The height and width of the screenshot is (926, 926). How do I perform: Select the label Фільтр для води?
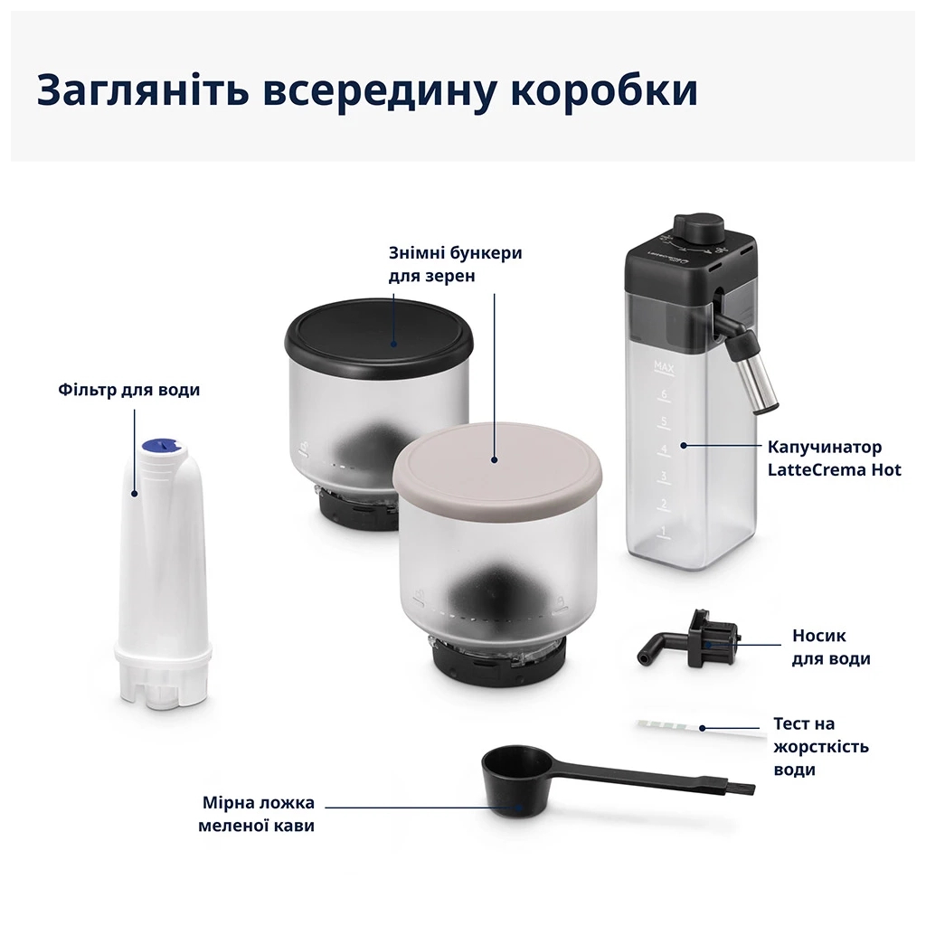click(128, 391)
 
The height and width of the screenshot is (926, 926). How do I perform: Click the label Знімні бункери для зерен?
click(455, 264)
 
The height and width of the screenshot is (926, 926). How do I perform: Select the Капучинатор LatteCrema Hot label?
click(834, 458)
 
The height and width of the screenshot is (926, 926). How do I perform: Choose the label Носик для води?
click(830, 647)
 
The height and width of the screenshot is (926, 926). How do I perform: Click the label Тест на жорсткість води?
click(820, 747)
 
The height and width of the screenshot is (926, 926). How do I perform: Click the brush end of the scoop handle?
click(741, 789)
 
